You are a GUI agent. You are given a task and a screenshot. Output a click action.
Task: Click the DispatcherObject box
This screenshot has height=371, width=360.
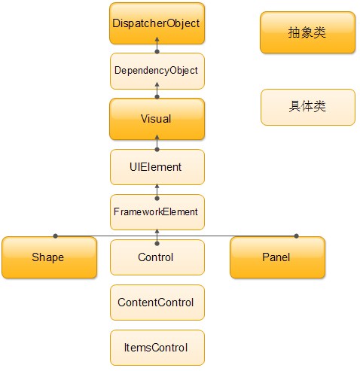coord(157,23)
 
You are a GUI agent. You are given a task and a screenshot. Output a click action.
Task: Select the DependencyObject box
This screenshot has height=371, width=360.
coord(157,71)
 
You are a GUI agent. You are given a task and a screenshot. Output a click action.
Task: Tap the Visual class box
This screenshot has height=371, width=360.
coord(157,119)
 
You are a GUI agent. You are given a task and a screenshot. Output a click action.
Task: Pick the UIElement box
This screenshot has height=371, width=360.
coord(157,167)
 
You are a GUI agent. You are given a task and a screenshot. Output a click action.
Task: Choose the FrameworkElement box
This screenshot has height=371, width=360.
coord(157,212)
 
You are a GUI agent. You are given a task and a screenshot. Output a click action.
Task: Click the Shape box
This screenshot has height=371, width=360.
coord(49,257)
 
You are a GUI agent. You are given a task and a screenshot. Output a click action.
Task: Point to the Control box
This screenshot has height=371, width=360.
coord(157,257)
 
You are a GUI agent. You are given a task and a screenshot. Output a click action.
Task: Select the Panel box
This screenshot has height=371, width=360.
coord(277,257)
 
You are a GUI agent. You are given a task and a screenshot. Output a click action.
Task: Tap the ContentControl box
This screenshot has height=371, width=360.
coord(157,303)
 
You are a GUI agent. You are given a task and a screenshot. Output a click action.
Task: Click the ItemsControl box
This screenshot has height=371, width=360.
coord(157,348)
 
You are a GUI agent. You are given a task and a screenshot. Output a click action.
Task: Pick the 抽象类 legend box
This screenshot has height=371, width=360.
coord(307,32)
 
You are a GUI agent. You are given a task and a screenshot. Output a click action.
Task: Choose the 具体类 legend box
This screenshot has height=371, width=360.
coord(308,107)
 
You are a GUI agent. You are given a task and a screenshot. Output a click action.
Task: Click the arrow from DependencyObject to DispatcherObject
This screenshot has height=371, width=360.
coord(157,45)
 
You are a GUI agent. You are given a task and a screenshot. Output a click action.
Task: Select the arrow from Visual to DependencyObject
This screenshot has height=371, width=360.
coord(157,90)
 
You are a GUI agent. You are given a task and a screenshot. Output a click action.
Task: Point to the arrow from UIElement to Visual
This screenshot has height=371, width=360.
coord(157,143)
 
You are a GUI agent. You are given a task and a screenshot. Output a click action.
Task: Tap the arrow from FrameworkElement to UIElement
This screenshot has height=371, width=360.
coord(157,192)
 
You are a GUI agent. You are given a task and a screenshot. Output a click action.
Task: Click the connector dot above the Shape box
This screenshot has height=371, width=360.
coord(56,236)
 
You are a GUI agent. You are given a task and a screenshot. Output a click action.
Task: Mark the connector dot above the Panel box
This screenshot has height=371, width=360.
coord(297,236)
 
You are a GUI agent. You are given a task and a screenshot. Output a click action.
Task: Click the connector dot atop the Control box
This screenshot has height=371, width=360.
coord(157,243)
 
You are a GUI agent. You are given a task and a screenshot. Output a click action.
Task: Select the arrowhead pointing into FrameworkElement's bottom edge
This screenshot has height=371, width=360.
coord(157,231)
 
